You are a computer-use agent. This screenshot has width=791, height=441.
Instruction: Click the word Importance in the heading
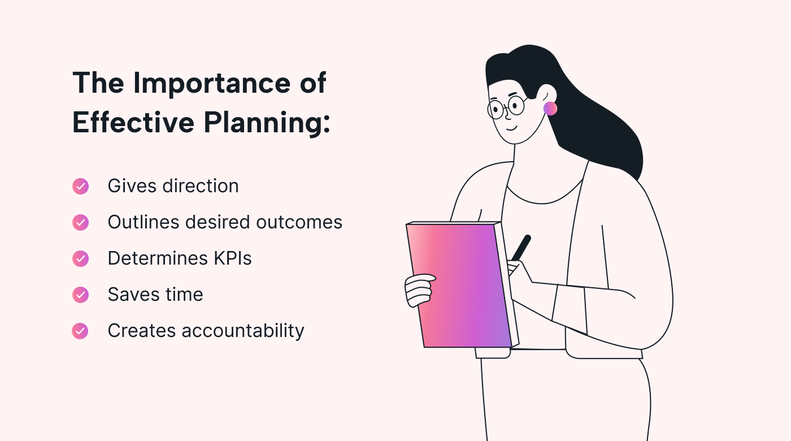[212, 84]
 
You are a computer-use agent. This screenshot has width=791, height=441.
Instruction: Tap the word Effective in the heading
[133, 122]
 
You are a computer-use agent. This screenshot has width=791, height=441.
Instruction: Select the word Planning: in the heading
[267, 123]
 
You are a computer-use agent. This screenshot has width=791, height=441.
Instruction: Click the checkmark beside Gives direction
[80, 186]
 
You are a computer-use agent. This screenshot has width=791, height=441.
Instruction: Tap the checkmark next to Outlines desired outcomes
[80, 223]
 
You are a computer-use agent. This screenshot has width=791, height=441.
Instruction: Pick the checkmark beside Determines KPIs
[80, 259]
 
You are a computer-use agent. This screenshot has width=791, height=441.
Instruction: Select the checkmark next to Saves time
[80, 295]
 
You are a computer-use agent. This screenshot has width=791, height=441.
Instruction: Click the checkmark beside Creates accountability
[80, 331]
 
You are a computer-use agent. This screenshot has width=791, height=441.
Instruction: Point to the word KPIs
[233, 258]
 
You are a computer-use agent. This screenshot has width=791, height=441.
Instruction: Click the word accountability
[243, 331]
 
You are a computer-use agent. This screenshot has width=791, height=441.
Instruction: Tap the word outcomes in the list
[299, 222]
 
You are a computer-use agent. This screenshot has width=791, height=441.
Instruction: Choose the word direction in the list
[201, 186]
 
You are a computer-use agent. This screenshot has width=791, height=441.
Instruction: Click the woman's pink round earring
[550, 109]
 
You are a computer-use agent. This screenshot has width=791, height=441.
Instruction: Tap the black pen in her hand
[521, 248]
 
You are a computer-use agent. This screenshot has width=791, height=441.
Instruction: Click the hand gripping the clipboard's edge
[419, 290]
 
